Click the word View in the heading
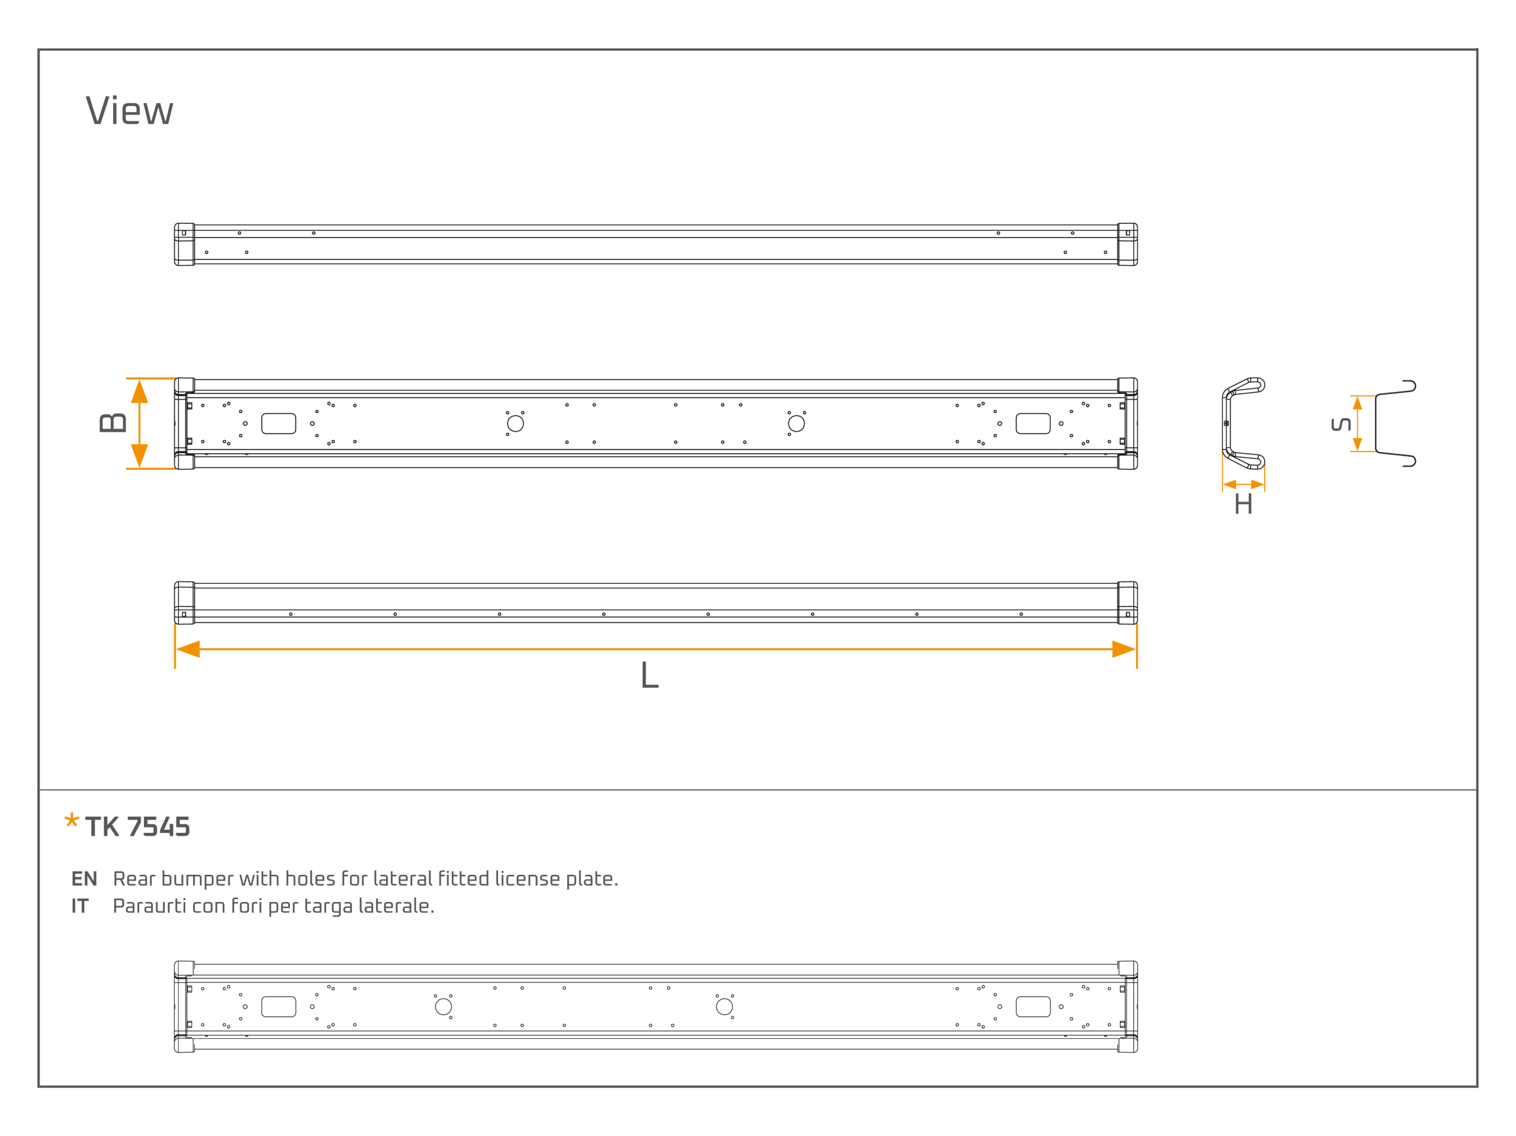(130, 111)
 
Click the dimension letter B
(113, 423)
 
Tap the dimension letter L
(650, 675)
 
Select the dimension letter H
(1243, 505)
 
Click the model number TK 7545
(138, 827)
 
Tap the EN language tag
(84, 879)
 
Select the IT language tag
(80, 906)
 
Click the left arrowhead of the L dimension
(188, 649)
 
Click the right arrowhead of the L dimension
(1124, 649)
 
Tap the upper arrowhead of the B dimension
(140, 391)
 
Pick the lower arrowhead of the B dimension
(140, 456)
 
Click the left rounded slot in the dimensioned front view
(279, 423)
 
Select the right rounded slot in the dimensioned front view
(1033, 423)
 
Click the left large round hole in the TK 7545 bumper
(444, 1006)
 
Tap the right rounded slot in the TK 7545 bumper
(1033, 1006)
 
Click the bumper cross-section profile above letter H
(1225, 423)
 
